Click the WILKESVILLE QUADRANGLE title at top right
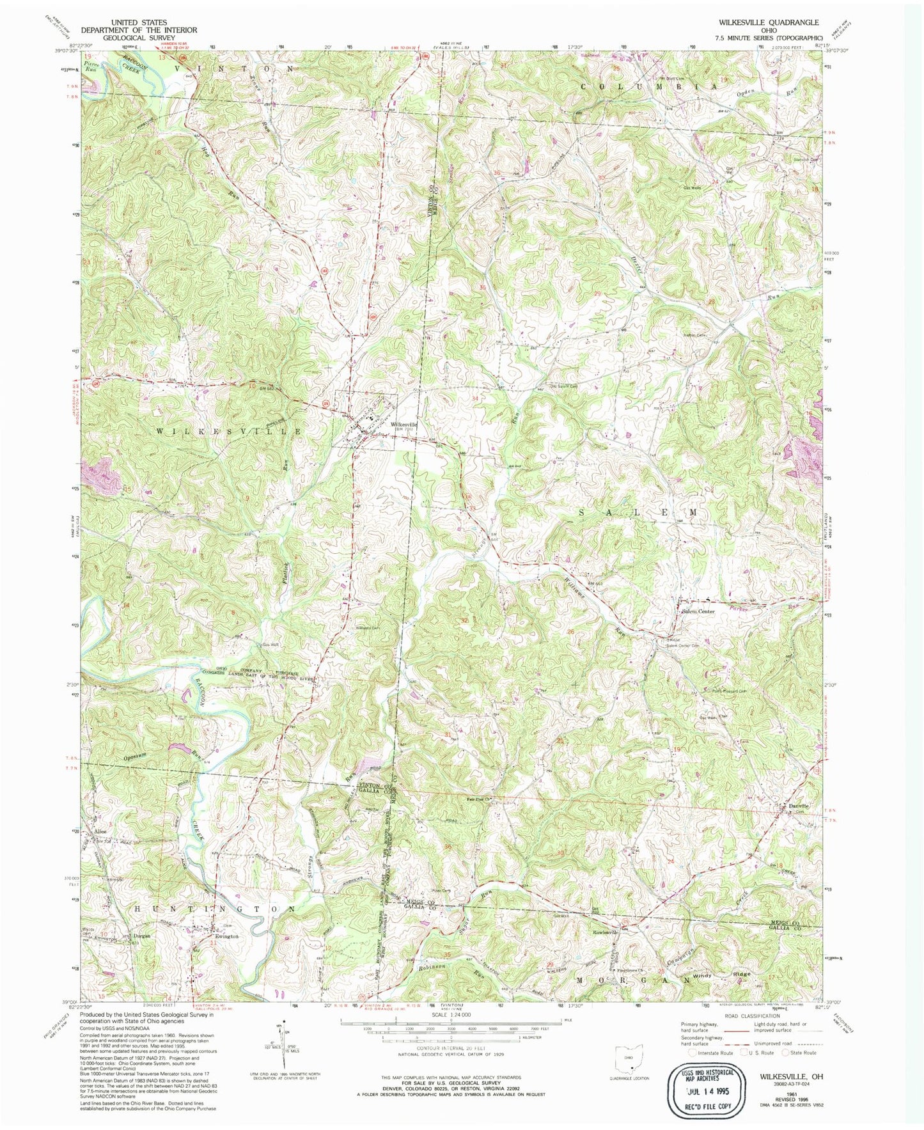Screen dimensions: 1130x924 pos(760,22)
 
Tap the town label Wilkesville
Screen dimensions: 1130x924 pos(404,424)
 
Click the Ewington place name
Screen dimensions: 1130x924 pos(226,936)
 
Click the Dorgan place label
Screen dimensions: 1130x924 pos(141,935)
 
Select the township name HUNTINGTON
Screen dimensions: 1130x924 pos(215,908)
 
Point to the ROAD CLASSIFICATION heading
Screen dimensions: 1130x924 pos(752,1016)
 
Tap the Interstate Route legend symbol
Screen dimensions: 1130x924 pos(693,1053)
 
